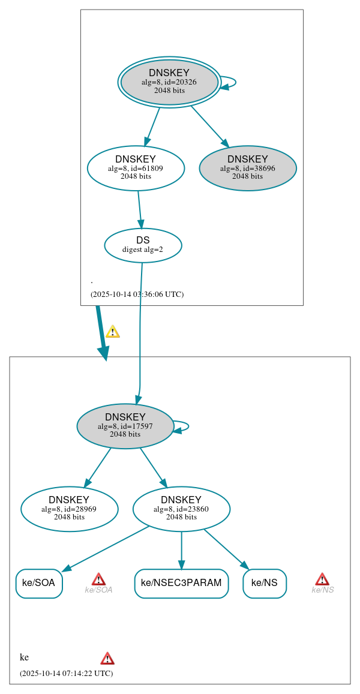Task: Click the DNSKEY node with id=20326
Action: [169, 82]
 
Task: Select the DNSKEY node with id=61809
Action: [136, 169]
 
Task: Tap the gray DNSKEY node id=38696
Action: [248, 169]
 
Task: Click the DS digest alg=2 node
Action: [143, 245]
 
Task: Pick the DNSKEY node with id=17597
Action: [125, 426]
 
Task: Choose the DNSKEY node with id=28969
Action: [69, 509]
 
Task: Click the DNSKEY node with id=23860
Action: [181, 509]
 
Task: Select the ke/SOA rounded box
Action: [39, 583]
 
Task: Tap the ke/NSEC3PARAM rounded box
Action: [181, 583]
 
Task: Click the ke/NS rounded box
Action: [265, 583]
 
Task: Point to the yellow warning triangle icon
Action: [112, 332]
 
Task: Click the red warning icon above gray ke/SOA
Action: [98, 579]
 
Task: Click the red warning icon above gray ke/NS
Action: [322, 579]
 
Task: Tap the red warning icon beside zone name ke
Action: [107, 659]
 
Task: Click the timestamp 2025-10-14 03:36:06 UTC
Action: [137, 295]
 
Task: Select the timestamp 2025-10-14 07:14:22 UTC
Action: [66, 674]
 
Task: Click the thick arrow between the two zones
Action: [101, 333]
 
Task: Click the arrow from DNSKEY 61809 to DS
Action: [140, 209]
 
